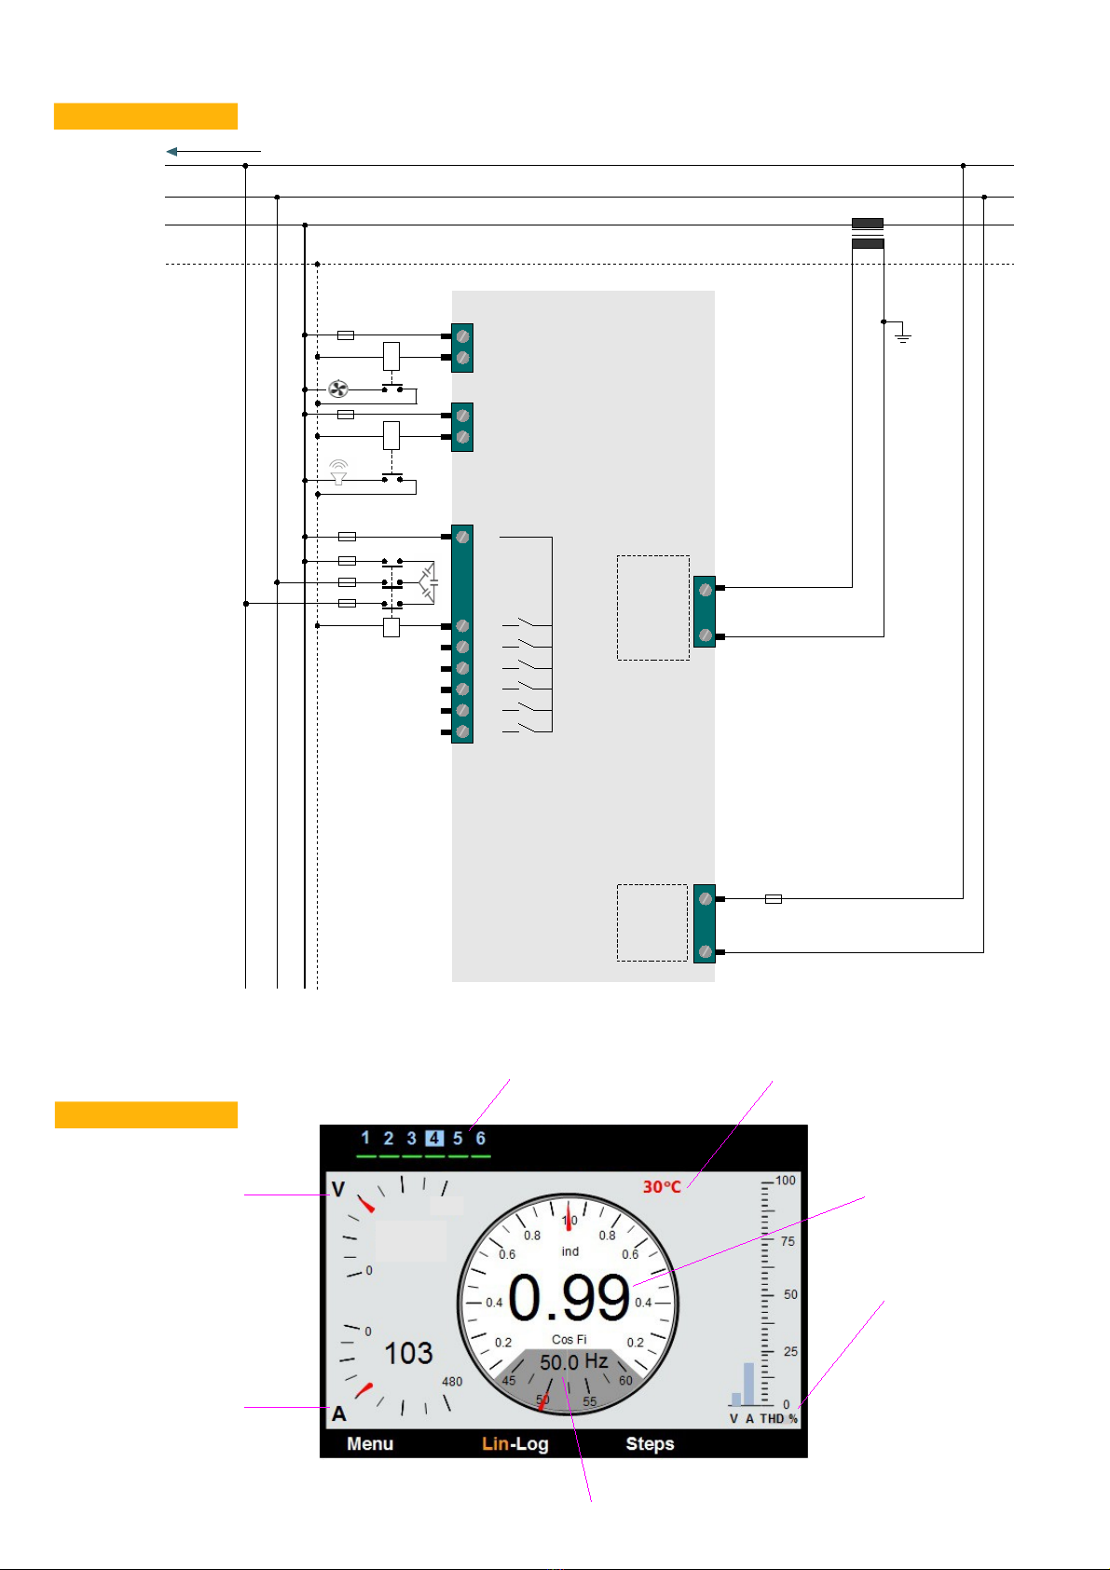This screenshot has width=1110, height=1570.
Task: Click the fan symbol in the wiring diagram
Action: click(x=338, y=389)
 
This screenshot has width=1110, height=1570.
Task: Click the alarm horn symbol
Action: click(x=338, y=472)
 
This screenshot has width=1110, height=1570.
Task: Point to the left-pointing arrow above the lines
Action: click(x=213, y=151)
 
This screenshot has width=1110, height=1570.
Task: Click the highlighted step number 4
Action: click(x=434, y=1139)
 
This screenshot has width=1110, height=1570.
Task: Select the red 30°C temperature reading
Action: click(x=662, y=1187)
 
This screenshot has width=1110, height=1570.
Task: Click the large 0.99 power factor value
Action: click(x=569, y=1298)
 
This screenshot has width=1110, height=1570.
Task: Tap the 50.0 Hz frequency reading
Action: click(x=573, y=1362)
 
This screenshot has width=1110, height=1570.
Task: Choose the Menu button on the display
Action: click(x=370, y=1444)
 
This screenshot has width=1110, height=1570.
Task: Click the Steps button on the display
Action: click(x=650, y=1444)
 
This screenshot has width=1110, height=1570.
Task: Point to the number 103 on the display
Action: click(x=409, y=1354)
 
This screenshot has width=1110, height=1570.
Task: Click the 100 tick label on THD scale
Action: click(x=786, y=1181)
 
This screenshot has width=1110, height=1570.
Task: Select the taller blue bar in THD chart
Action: click(x=748, y=1385)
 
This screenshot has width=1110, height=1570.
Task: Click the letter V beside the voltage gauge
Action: click(x=338, y=1190)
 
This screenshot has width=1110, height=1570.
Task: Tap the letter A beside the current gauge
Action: click(x=338, y=1413)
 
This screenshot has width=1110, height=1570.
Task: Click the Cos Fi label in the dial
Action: click(x=569, y=1340)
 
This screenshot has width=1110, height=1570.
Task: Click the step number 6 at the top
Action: click(x=481, y=1139)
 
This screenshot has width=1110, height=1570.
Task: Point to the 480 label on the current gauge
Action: click(x=452, y=1382)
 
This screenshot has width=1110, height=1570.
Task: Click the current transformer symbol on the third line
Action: click(x=868, y=233)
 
